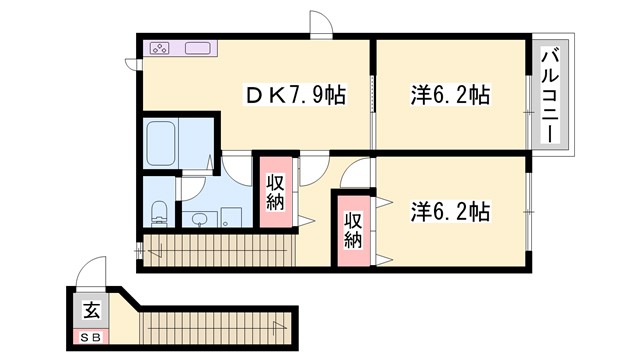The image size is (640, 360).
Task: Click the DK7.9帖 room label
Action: coord(297,96)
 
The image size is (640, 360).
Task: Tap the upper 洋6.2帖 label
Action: coord(450,96)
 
